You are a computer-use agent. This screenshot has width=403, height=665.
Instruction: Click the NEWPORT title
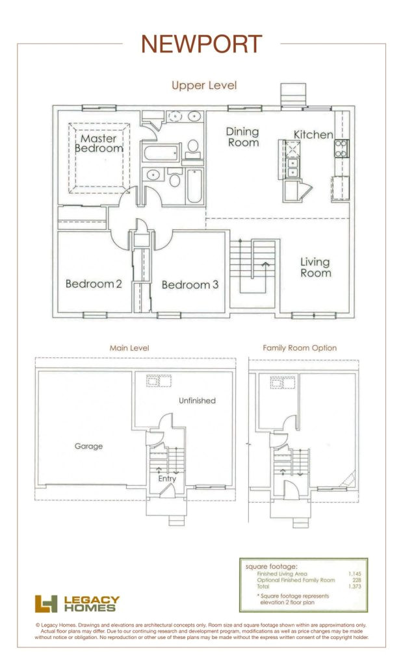pos(201,44)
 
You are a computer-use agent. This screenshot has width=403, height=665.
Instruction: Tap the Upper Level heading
pos(204,85)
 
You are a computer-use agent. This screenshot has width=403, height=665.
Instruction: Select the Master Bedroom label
pos(99,144)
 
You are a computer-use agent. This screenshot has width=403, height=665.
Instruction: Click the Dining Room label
pos(243,137)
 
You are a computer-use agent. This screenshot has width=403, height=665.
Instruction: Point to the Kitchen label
pos(313,135)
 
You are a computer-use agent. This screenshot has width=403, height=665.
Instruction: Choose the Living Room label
pos(315,268)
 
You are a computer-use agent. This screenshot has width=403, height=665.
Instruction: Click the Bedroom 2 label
pos(94,284)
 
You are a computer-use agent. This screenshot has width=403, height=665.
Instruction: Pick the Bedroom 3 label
pos(190,284)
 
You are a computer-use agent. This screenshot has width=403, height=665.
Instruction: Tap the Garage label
pos(89,446)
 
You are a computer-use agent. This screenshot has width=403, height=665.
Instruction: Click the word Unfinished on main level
pos(197,400)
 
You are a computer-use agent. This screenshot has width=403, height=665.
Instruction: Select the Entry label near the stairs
pos(167,479)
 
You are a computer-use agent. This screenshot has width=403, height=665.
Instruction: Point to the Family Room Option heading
pos(300,348)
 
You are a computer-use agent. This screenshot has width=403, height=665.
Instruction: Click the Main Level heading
pos(129,348)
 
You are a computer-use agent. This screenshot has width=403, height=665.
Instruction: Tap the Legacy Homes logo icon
pos(46,603)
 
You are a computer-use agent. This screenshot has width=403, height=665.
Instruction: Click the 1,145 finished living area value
pos(355,574)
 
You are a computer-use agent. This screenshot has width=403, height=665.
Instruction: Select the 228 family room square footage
pos(357,580)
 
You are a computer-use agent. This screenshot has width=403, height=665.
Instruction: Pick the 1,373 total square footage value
pos(355,586)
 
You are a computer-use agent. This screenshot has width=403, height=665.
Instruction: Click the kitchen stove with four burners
pos(341,149)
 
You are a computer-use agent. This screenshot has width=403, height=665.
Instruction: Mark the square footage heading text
pos(271,566)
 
